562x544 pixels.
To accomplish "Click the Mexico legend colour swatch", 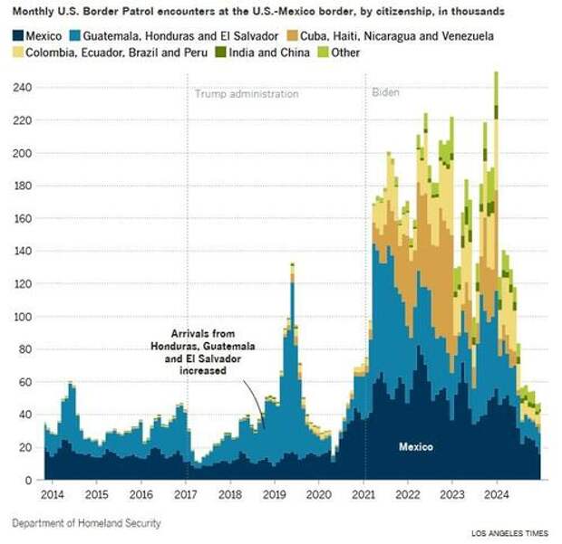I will pyautogui.click(x=17, y=35).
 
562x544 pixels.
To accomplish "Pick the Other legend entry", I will pyautogui.click(x=343, y=52).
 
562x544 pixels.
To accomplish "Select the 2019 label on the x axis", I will pyautogui.click(x=274, y=495).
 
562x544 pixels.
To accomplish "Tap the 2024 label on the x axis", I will pyautogui.click(x=496, y=495).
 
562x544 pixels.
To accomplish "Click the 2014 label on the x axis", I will pyautogui.click(x=52, y=495).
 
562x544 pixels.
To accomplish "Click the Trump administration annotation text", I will pyautogui.click(x=247, y=93).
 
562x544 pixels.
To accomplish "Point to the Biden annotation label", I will pyautogui.click(x=387, y=93).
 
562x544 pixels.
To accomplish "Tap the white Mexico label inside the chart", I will pyautogui.click(x=416, y=447).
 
